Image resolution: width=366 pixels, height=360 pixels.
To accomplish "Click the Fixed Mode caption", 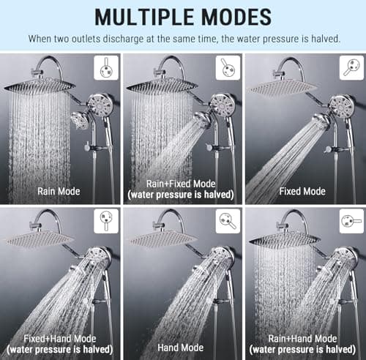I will (x=303, y=192).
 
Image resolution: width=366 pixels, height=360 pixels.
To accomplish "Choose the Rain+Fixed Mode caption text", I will (x=182, y=187).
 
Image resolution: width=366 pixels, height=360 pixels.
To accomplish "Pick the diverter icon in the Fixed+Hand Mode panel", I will (x=106, y=220).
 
